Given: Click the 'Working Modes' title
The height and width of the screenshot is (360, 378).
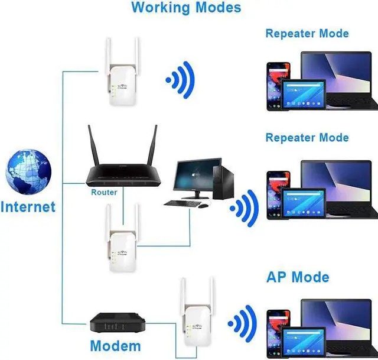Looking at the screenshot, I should pos(186,8).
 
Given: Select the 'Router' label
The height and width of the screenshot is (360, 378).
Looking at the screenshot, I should pos(104,192).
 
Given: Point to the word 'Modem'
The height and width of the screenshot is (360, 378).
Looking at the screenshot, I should pos(115,346).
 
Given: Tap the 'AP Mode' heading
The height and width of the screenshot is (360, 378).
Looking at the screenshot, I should pos(298,277).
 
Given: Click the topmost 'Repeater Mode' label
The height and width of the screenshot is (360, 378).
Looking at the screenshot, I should pos(307,33).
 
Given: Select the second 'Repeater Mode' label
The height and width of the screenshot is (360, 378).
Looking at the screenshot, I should pos(307,138).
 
